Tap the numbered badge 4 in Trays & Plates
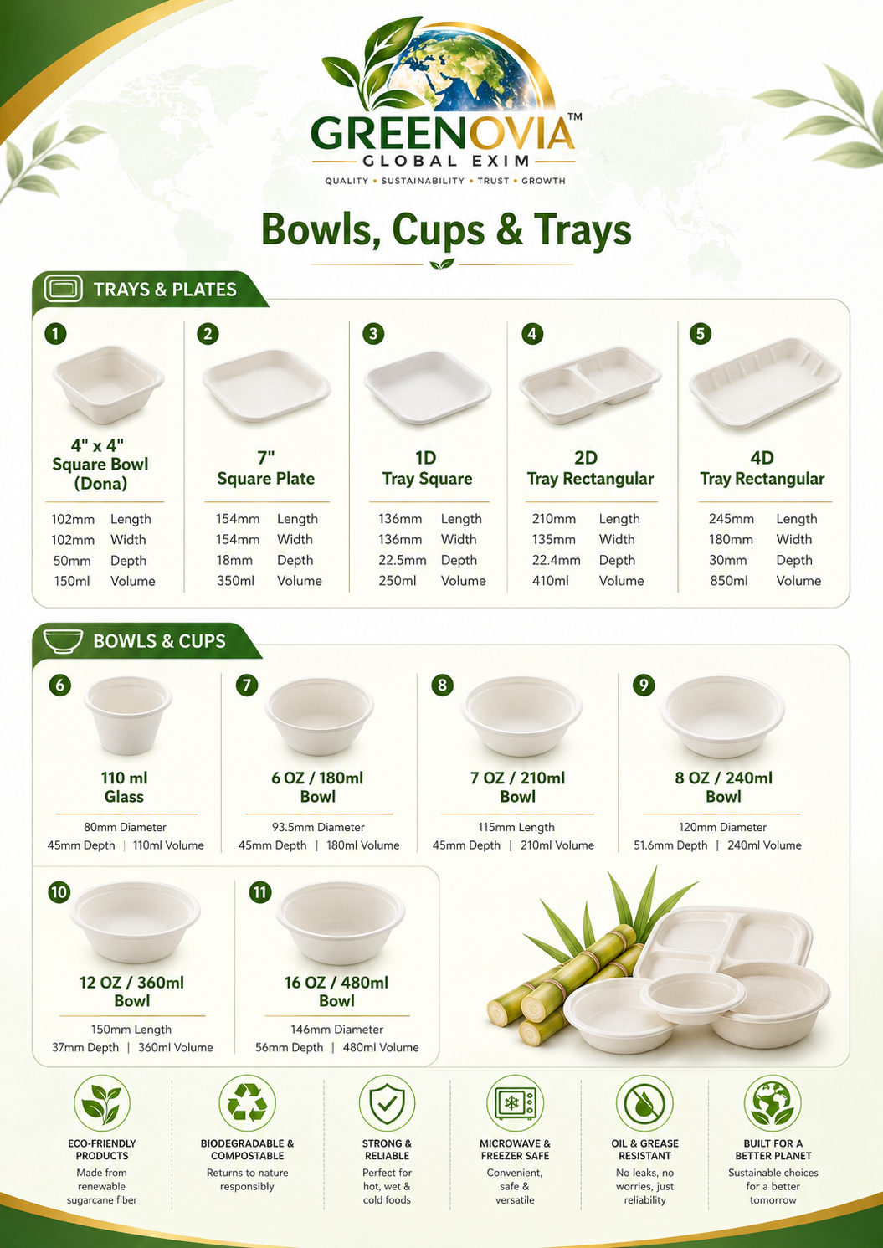532,334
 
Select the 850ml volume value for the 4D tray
729,581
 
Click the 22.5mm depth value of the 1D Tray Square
403,560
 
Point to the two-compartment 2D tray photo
590,384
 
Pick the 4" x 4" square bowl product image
108,384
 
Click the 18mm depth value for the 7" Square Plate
234,560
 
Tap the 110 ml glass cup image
127,716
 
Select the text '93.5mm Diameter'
318,827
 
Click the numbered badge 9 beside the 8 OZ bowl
644,685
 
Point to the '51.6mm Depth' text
670,845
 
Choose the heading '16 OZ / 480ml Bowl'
336,991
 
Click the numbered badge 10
59,892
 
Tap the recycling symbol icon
248,1103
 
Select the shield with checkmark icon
388,1103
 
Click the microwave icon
516,1103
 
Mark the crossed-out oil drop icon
644,1103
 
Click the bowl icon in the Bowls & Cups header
63,640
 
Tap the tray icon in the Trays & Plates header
63,289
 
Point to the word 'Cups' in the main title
439,231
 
